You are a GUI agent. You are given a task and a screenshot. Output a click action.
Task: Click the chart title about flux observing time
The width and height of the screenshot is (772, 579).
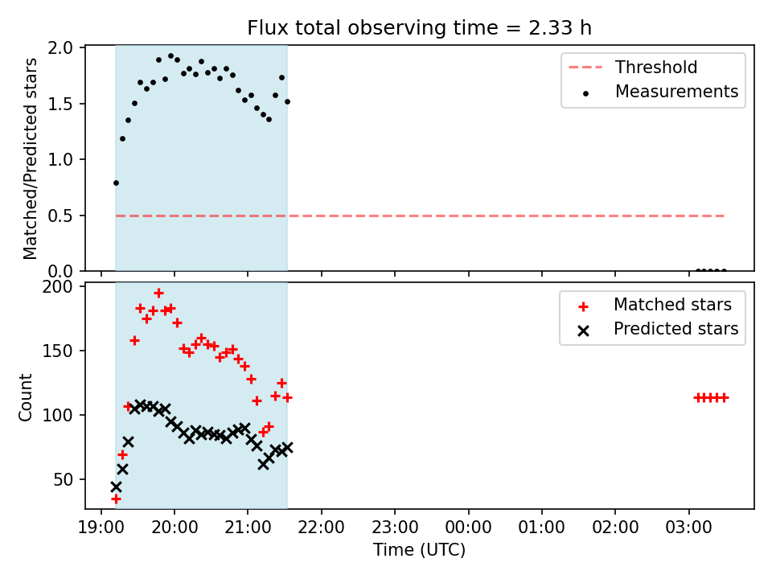click(419, 28)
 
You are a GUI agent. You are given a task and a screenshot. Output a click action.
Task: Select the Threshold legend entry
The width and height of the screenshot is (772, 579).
click(633, 67)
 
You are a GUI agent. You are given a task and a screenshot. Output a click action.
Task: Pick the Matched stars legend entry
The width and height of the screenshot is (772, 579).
click(655, 305)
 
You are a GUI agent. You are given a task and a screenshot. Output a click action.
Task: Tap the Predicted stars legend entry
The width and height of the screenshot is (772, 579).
click(659, 329)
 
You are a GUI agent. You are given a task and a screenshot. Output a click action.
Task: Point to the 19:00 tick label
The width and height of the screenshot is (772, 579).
click(101, 528)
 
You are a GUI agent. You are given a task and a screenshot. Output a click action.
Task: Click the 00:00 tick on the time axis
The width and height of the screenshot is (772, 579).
click(468, 528)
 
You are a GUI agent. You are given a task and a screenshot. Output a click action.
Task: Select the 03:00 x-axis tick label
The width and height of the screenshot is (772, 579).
click(688, 528)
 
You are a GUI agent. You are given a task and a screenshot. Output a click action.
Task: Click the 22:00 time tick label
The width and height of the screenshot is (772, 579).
click(322, 528)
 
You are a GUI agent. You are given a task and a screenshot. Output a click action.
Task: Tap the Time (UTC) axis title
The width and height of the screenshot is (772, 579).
click(419, 549)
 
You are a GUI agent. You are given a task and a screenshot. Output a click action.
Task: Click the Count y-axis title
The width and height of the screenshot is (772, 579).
click(25, 397)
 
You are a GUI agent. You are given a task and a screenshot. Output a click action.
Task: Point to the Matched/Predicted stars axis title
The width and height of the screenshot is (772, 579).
click(30, 158)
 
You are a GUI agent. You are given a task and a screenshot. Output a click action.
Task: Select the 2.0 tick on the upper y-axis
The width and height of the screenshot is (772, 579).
click(60, 47)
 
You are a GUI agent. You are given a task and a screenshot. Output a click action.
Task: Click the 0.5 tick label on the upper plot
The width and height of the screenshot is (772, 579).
click(60, 216)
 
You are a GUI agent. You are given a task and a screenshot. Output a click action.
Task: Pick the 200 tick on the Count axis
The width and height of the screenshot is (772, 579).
click(57, 286)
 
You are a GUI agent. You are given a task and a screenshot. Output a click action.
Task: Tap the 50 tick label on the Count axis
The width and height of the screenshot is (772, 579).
click(63, 479)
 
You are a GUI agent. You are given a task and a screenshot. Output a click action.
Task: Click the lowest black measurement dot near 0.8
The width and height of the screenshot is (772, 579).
click(116, 183)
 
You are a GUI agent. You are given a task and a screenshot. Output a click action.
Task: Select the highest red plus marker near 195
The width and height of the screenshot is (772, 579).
click(158, 293)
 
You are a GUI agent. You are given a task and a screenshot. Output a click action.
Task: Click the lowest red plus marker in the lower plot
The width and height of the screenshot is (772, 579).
click(116, 499)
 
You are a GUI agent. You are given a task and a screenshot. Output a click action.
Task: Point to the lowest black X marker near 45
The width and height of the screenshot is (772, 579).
click(116, 487)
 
